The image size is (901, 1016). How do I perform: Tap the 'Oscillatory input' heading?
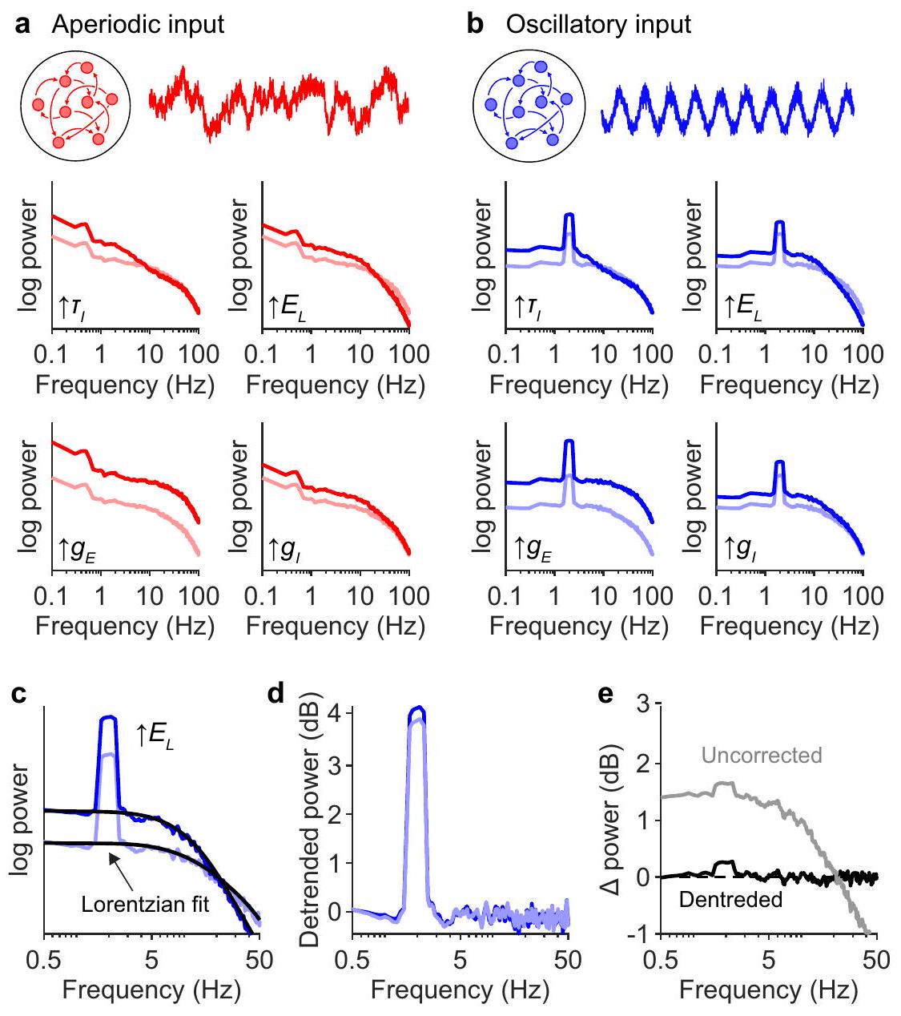[598, 24]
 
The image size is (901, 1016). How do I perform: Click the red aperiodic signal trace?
[279, 103]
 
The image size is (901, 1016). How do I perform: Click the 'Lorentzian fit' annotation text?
[146, 905]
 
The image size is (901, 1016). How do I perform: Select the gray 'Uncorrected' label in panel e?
[762, 756]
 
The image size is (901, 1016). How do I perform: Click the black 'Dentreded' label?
[730, 900]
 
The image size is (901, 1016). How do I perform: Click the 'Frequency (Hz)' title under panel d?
[461, 990]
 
